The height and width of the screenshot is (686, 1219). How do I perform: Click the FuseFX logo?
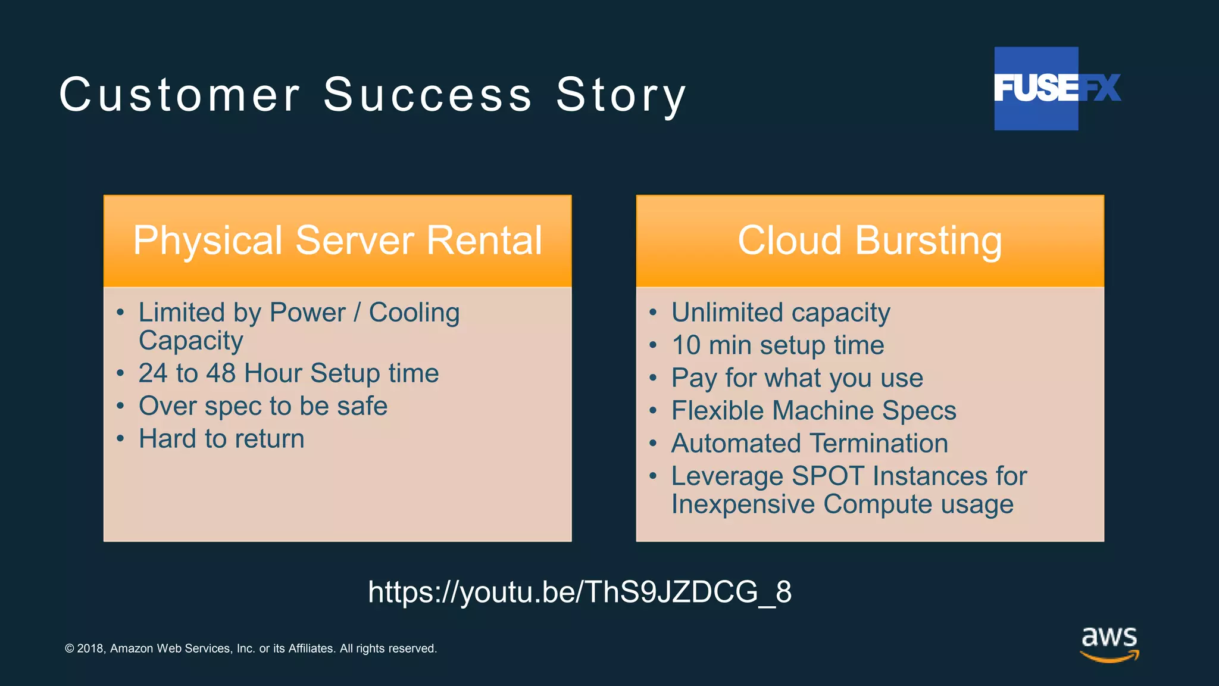coord(1057,88)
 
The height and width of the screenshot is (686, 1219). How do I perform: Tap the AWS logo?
coord(1109,643)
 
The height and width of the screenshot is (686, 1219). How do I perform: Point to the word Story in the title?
coord(621,95)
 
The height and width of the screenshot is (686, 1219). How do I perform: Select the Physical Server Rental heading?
coord(337,241)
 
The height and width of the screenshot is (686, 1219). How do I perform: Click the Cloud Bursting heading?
coord(870,241)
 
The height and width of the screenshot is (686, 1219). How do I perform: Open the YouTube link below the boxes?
coord(580,592)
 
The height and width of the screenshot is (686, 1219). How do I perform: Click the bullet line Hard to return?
coord(221,439)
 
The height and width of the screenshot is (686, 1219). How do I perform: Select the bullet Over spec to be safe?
coord(263,406)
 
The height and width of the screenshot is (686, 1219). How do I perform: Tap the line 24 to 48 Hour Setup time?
coord(289,373)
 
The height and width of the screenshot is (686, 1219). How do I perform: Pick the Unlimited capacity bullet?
coord(780,313)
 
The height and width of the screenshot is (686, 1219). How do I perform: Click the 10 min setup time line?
coord(777,345)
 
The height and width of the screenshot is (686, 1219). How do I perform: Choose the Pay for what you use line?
coord(797,378)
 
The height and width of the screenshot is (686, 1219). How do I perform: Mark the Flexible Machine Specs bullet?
coord(814,411)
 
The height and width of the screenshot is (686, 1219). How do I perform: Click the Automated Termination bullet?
coord(809,444)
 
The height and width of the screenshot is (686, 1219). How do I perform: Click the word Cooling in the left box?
coord(414,313)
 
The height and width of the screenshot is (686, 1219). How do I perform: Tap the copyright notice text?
coord(251,648)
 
